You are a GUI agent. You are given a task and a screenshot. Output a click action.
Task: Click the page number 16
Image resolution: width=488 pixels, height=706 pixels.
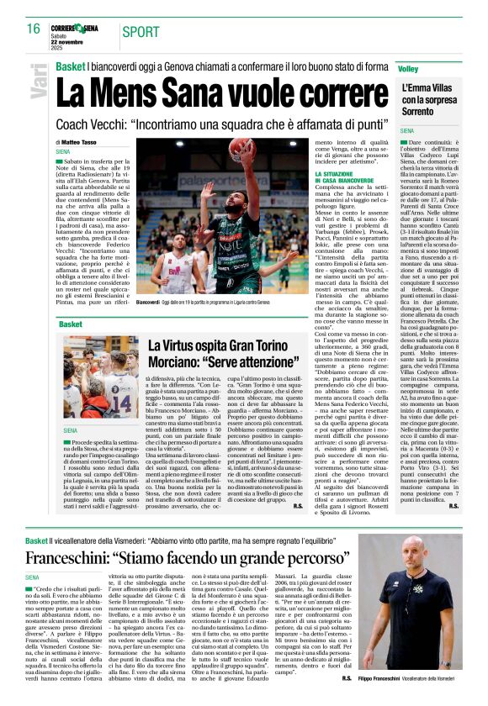[33, 29]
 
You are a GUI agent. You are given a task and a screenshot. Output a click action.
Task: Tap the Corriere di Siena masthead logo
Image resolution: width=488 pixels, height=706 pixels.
[76, 28]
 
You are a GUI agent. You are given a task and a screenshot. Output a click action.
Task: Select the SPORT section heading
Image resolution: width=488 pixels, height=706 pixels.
[141, 32]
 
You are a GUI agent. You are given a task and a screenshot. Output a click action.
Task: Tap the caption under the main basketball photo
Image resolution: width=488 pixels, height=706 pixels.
[218, 302]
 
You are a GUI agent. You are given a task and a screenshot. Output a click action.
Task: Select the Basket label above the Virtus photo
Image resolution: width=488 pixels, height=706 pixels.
[71, 323]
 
